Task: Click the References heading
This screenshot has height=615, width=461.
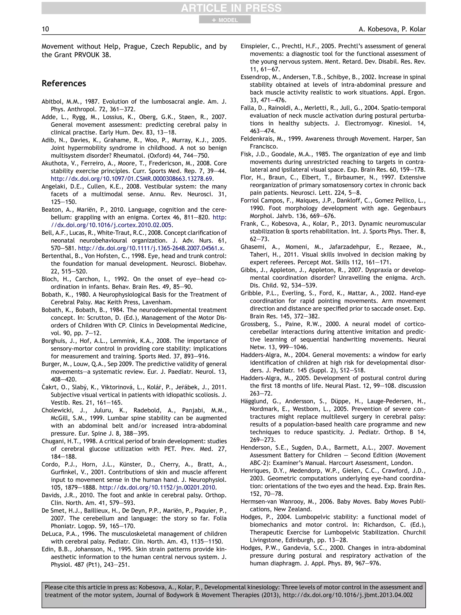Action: coord(64,83)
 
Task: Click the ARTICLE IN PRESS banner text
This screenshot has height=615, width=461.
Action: coord(231,8)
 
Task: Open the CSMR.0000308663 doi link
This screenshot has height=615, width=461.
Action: coord(132,179)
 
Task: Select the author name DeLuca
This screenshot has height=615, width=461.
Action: coord(52,534)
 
